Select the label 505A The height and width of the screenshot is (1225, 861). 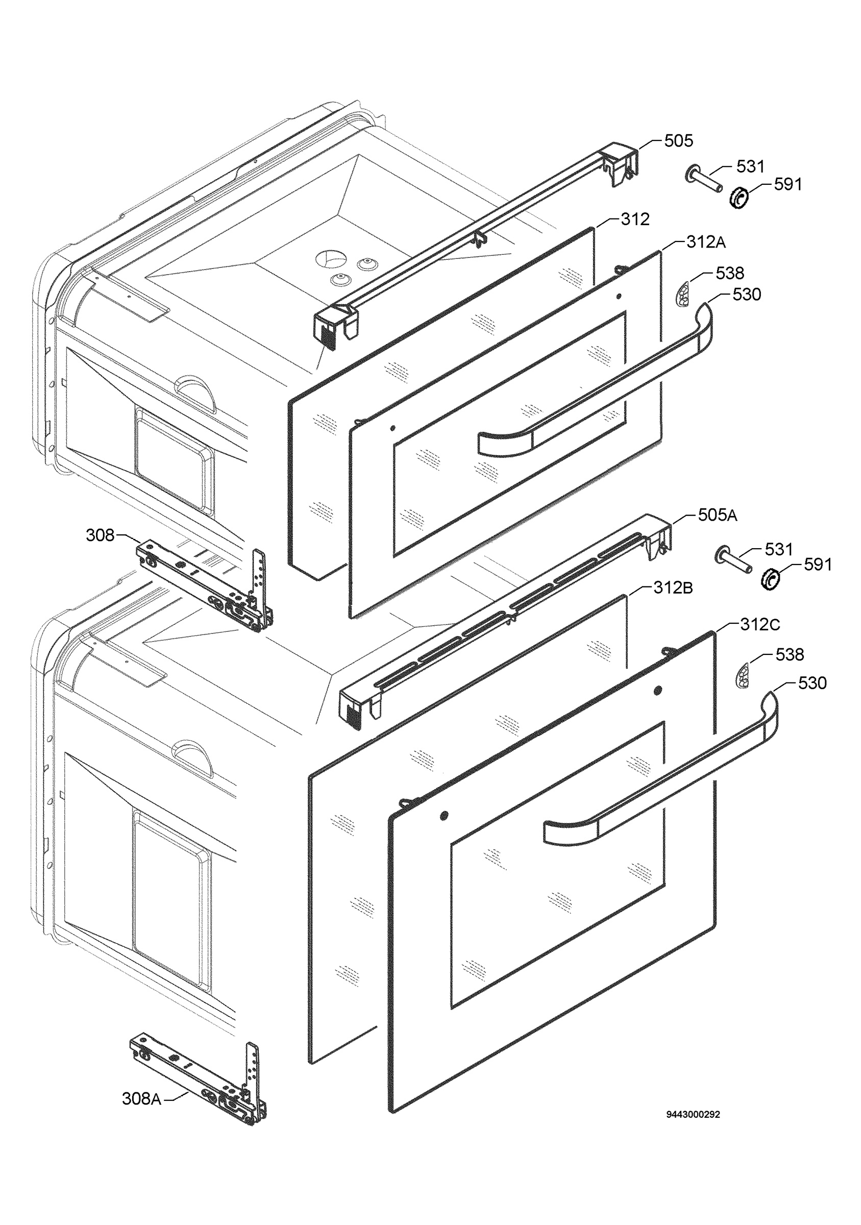(x=718, y=516)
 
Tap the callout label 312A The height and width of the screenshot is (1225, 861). (x=706, y=242)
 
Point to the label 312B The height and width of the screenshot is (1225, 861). (x=673, y=588)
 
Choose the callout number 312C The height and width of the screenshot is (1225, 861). (x=760, y=625)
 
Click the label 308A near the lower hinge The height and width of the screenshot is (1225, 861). (x=141, y=1099)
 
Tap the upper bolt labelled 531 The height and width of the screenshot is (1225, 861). (x=704, y=180)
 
